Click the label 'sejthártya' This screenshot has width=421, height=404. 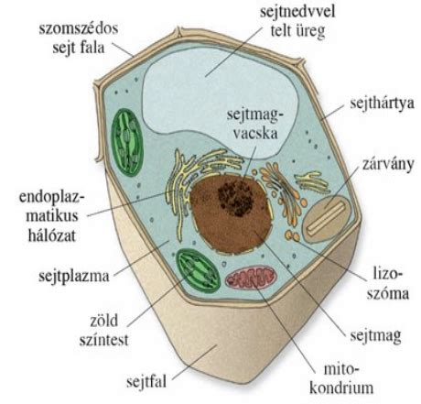click(x=382, y=104)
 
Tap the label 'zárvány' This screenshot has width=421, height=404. click(x=388, y=164)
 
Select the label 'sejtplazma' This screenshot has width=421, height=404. click(x=74, y=277)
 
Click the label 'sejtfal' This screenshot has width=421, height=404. click(x=146, y=382)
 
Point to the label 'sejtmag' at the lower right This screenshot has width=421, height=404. click(x=375, y=336)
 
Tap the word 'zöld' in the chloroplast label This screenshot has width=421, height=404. click(x=103, y=321)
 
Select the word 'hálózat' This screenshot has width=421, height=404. click(x=52, y=235)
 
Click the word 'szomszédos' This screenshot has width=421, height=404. click(x=79, y=28)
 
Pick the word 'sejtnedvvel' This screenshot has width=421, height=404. click(x=297, y=12)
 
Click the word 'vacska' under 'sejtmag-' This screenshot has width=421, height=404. click(x=255, y=134)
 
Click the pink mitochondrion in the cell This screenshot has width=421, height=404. click(x=251, y=277)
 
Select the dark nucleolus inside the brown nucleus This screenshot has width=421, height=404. click(x=235, y=198)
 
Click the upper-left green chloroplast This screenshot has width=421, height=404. click(x=127, y=142)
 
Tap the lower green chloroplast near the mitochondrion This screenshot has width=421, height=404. click(x=198, y=270)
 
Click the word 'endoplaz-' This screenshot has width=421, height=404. click(x=52, y=197)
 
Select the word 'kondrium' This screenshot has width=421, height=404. click(x=341, y=388)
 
